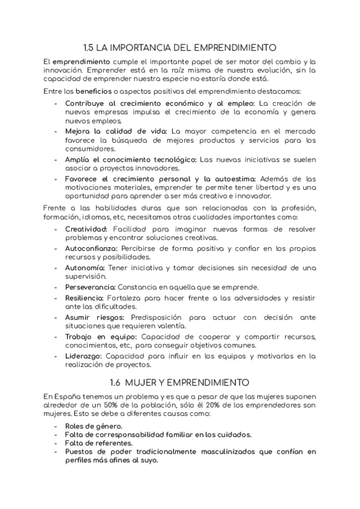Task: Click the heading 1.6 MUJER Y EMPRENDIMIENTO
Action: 179,382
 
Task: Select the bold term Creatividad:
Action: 86,229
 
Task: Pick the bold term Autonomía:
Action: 85,267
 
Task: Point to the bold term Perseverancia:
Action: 90,287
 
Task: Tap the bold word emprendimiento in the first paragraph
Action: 81,62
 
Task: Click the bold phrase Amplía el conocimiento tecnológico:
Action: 130,159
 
